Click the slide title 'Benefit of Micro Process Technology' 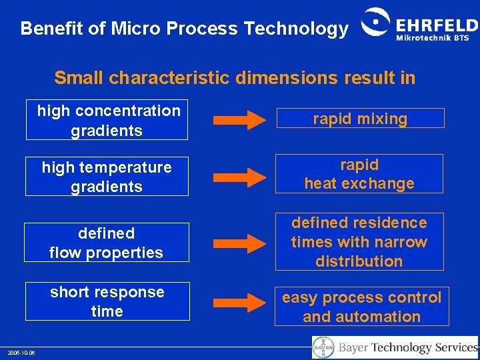(x=184, y=29)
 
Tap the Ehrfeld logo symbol (x=376, y=25)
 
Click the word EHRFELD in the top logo (x=437, y=25)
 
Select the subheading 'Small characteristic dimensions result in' (x=235, y=78)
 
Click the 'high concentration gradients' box (x=107, y=120)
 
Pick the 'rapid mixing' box (x=360, y=119)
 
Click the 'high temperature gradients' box (x=107, y=177)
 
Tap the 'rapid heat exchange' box (x=359, y=174)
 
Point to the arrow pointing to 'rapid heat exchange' (x=239, y=177)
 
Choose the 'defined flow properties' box (x=107, y=243)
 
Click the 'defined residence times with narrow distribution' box (x=359, y=242)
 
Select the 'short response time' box (x=107, y=301)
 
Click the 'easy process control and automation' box (x=362, y=307)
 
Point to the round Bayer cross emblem (x=323, y=347)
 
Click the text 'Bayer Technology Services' (x=408, y=347)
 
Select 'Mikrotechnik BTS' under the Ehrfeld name (x=433, y=38)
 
